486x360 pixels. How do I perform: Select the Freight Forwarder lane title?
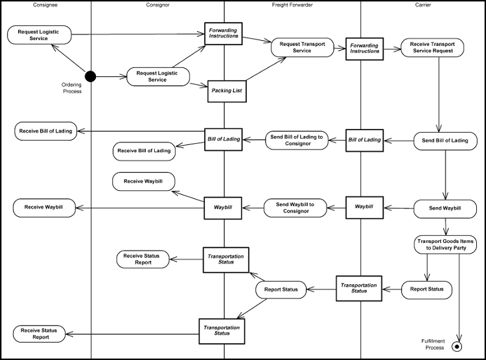(292, 5)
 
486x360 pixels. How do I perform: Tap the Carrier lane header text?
(422, 5)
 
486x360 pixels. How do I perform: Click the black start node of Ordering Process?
(90, 77)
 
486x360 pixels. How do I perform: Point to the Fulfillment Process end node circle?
(459, 346)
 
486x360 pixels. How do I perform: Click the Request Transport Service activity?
(302, 47)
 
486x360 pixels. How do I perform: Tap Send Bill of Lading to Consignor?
(297, 140)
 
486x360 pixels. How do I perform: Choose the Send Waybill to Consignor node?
(295, 208)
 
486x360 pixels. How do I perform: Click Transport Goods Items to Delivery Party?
(445, 244)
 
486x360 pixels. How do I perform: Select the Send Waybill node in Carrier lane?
(445, 208)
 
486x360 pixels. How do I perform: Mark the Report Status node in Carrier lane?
(427, 289)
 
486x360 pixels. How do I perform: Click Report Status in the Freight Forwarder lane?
(281, 289)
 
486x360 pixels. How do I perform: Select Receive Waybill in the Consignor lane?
(143, 181)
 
